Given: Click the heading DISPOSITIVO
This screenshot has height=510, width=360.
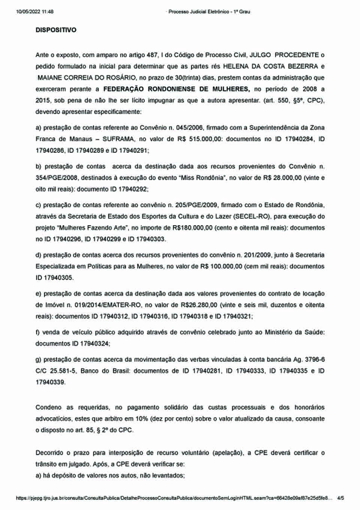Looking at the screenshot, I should point(56,30).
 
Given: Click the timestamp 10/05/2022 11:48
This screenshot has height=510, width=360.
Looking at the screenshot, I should point(35,12).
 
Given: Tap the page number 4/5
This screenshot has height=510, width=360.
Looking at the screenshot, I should point(340,498).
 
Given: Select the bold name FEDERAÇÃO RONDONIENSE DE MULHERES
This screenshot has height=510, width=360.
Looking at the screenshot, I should point(176,89).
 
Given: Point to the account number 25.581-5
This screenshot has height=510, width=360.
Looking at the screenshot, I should point(63,371).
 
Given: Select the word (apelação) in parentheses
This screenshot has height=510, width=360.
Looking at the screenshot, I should point(228,453).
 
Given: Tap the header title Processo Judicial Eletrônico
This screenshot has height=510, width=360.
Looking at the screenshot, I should point(198,12).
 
